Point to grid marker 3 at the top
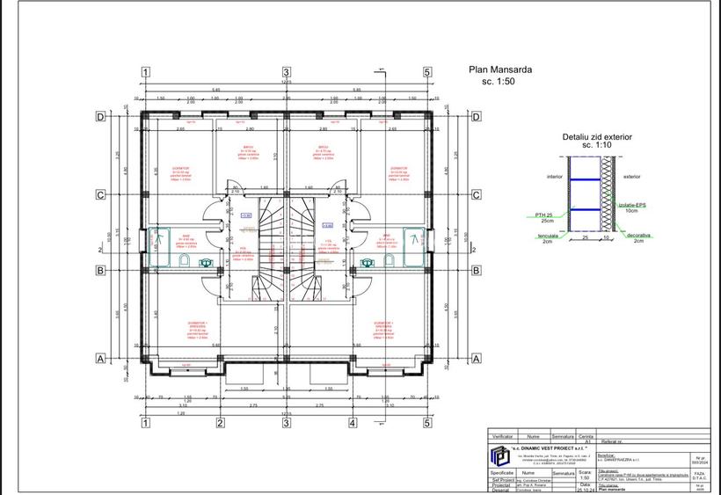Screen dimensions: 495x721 286,72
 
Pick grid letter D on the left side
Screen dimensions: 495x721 100,116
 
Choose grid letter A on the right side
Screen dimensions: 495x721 477,359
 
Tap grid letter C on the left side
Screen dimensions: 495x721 100,195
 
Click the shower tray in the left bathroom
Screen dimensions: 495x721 160,239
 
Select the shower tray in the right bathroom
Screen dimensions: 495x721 412,239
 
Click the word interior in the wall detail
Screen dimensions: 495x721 554,176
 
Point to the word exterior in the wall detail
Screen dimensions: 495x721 631,176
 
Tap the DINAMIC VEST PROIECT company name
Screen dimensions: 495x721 550,447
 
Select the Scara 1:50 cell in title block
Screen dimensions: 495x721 585,475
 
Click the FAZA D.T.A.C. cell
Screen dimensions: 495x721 699,475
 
